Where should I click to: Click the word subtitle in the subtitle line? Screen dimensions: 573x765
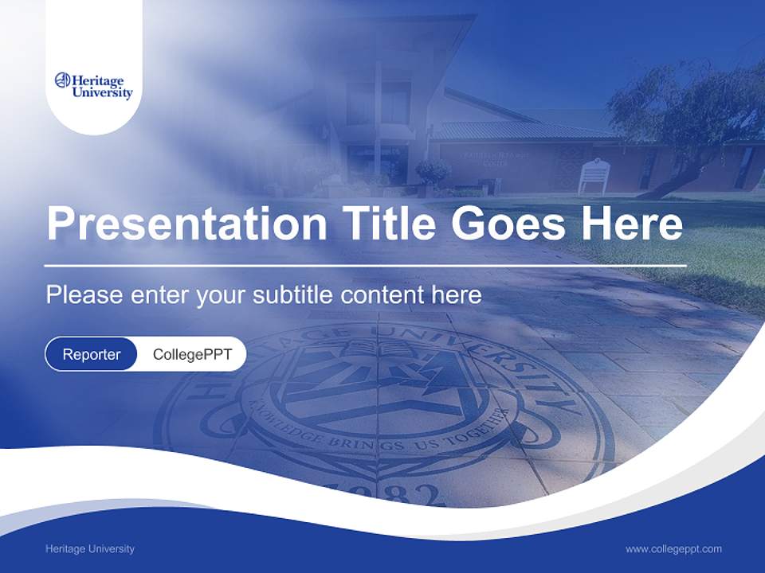(293, 295)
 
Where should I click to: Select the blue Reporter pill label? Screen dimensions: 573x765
(92, 354)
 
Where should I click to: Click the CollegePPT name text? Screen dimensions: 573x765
(192, 354)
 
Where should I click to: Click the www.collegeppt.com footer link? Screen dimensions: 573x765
(673, 548)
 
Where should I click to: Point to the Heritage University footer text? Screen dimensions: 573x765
(90, 548)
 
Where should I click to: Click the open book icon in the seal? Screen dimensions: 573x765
(373, 350)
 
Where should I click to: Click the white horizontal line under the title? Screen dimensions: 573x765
(365, 265)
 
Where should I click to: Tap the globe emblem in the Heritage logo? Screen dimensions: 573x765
(62, 80)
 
